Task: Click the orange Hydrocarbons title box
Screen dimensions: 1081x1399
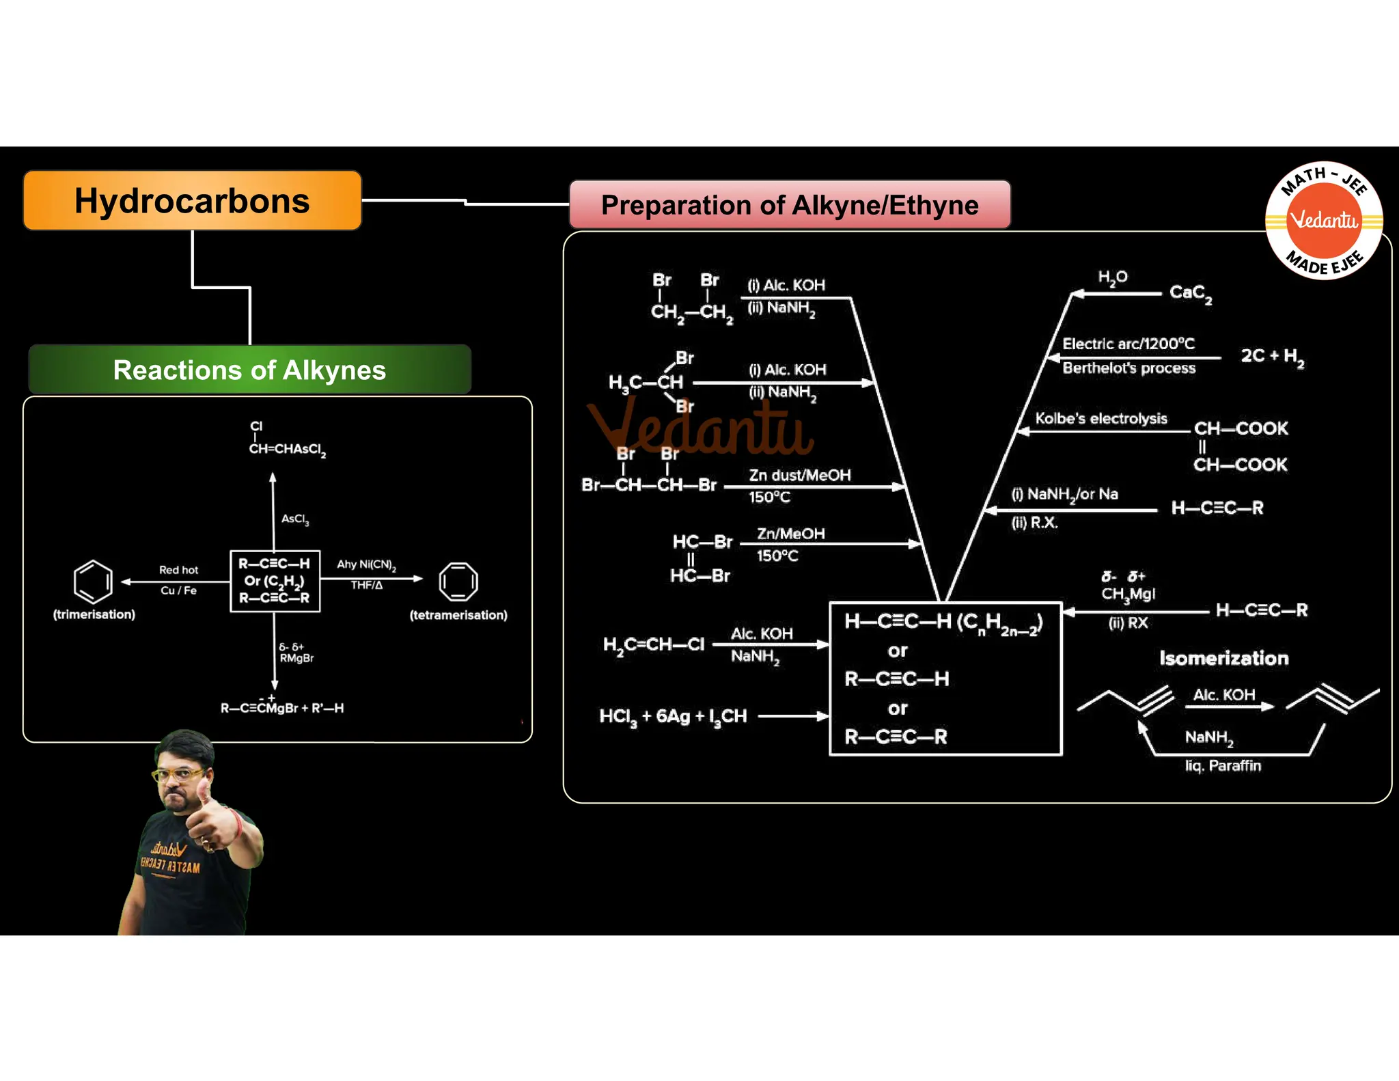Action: [192, 201]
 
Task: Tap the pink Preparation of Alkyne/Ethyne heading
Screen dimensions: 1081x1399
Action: [790, 205]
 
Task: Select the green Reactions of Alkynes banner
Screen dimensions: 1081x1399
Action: [249, 370]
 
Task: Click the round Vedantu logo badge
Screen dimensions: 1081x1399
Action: [1323, 221]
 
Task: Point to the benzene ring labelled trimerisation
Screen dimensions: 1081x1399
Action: [93, 581]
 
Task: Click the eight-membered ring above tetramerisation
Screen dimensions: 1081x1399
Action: [458, 582]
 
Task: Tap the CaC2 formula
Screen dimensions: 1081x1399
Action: [1191, 293]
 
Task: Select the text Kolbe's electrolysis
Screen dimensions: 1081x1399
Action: [1100, 418]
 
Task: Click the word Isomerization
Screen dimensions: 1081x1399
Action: [1223, 658]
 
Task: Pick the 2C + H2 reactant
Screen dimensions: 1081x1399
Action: [1272, 356]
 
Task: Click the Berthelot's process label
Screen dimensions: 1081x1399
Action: [1128, 368]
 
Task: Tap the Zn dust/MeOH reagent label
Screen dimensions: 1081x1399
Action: [799, 475]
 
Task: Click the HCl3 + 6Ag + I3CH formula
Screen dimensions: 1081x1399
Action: [673, 716]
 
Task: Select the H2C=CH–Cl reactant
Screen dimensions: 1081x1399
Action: [653, 644]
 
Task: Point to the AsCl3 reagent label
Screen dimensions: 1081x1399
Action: [295, 519]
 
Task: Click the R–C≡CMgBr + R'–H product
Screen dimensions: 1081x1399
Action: [282, 708]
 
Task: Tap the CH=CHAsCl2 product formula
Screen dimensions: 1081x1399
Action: [287, 449]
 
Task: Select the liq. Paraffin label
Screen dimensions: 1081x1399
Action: [1223, 765]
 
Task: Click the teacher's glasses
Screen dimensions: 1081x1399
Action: [178, 774]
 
